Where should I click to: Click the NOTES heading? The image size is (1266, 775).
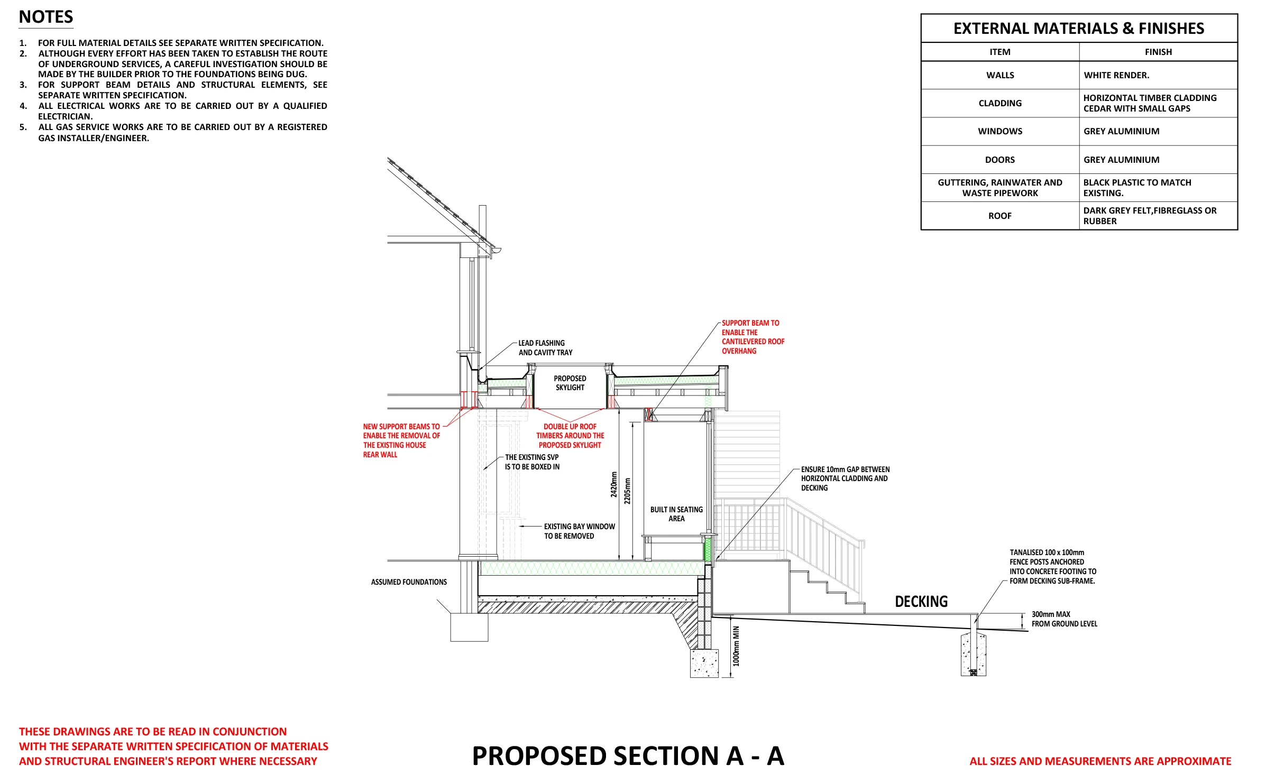point(46,17)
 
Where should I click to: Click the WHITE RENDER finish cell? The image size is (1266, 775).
point(1116,75)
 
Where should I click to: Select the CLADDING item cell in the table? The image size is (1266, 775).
point(999,103)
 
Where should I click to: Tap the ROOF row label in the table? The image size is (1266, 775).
point(999,216)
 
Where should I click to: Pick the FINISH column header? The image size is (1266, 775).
point(1158,52)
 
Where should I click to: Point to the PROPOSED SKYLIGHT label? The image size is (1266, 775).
point(570,383)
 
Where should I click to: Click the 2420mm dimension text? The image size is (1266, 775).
point(614,484)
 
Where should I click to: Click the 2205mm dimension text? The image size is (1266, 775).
point(628,491)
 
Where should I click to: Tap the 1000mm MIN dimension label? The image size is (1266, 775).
point(736,646)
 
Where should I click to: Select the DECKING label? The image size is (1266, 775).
point(921,602)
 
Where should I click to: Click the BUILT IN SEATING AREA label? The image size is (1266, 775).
point(676,514)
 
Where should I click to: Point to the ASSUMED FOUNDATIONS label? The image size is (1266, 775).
point(409,582)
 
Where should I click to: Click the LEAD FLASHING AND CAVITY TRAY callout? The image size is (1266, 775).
point(545,348)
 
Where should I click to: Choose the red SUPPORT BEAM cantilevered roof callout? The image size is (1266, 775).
point(753,337)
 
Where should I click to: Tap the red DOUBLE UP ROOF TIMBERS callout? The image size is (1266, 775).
point(570,436)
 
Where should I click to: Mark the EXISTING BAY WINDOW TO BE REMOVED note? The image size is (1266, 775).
point(579,531)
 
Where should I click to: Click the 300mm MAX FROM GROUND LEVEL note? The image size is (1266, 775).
point(1063,619)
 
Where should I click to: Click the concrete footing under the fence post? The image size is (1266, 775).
point(973,656)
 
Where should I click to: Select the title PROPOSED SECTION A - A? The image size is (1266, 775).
point(628,756)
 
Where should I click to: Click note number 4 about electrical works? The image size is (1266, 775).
point(182,111)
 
